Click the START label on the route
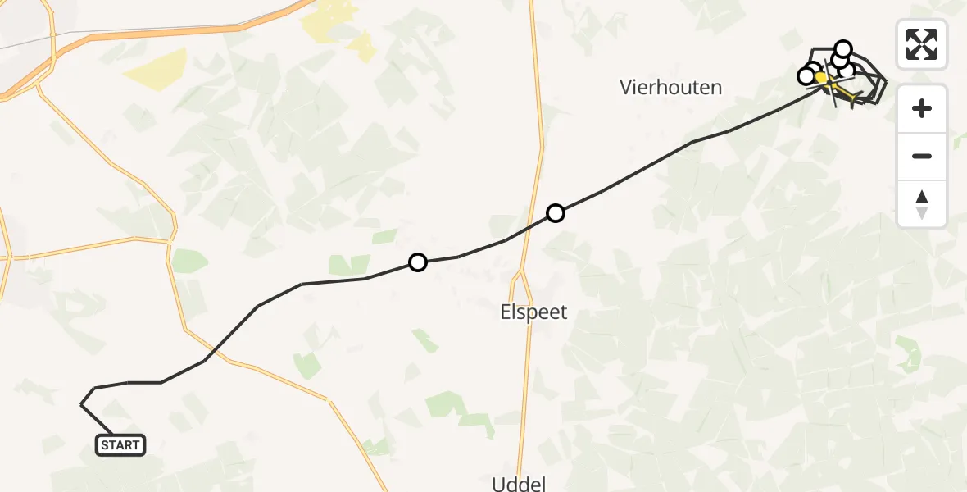coord(120,445)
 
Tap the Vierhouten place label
coord(671,88)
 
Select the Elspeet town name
coord(533,312)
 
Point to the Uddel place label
coord(519,483)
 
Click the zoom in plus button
coord(922,108)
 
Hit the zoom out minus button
coord(922,156)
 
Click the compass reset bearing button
coord(922,204)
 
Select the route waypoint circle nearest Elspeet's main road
coord(556,213)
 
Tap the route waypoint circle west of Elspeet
coord(418,262)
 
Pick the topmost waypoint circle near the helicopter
coord(843,48)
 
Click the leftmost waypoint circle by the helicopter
coord(806,76)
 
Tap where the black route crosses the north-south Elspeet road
coord(538,223)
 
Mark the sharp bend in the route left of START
coord(81,404)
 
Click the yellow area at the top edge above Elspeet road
coord(332,20)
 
